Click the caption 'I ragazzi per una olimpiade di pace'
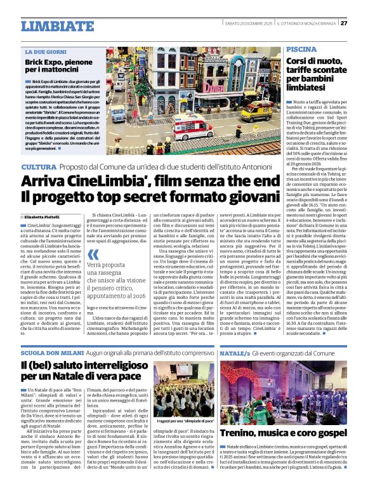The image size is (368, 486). point(183,421)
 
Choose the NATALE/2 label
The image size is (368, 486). point(233,351)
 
